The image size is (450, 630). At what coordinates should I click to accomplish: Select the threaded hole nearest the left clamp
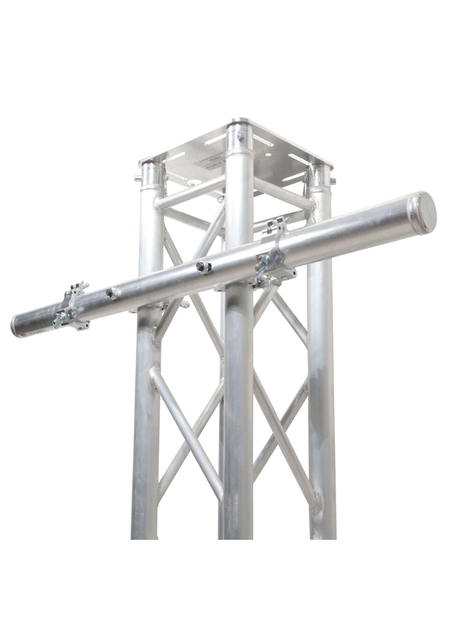point(111,293)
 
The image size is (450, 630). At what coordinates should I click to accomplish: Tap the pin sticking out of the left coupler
point(137,178)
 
